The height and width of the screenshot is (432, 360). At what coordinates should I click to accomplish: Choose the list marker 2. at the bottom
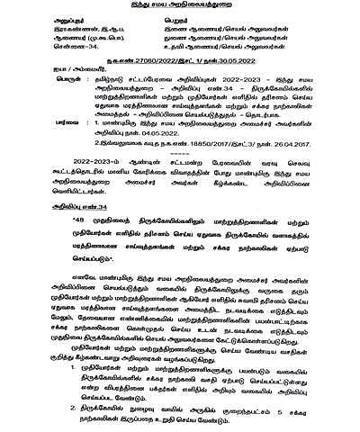pos(62,406)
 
